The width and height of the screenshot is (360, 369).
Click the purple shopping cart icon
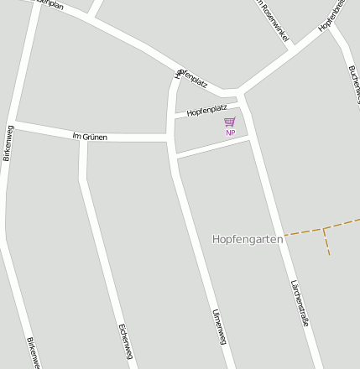pos(230,122)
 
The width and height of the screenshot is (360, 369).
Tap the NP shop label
pos(230,133)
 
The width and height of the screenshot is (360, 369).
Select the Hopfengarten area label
pos(248,239)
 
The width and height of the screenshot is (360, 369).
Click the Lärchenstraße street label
pos(300,302)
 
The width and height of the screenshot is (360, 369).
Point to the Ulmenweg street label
pos(219,326)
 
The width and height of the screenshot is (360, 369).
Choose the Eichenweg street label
pos(125,341)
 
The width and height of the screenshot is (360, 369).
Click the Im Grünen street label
pos(90,136)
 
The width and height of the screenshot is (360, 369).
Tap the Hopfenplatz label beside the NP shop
pos(206,110)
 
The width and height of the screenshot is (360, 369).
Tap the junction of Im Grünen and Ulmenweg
pos(170,136)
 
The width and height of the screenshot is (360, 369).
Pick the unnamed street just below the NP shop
pos(213,147)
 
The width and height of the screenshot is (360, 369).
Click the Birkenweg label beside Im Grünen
pos(10,143)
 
